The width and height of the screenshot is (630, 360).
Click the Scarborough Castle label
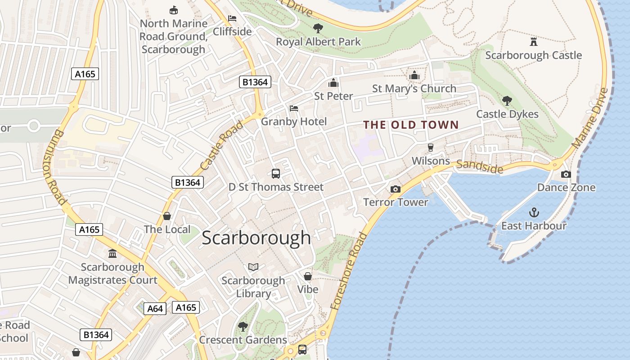tap(533, 55)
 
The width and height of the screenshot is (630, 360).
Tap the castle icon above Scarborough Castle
tap(534, 42)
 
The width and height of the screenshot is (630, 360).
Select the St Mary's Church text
tap(414, 89)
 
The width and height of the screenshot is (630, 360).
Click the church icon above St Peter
tap(333, 83)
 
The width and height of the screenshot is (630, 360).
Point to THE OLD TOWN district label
tap(411, 125)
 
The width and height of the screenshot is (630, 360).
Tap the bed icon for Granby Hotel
tap(294, 108)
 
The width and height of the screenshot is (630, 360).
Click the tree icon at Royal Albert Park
tap(318, 28)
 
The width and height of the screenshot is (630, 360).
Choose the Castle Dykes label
tap(507, 114)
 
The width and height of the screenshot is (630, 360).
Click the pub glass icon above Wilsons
tap(431, 148)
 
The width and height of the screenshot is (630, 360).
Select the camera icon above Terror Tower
tap(396, 189)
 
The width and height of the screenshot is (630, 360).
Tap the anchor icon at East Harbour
tap(534, 212)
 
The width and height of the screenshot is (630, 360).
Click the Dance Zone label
tap(566, 188)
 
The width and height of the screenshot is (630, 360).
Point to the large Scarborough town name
tap(256, 238)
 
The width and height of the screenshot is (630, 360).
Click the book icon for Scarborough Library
tap(253, 267)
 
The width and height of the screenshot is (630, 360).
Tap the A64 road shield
tap(155, 309)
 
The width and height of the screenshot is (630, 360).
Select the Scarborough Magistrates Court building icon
tap(112, 254)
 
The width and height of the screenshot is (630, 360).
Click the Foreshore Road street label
tap(349, 271)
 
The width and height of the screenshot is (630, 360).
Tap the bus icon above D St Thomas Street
tap(276, 174)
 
